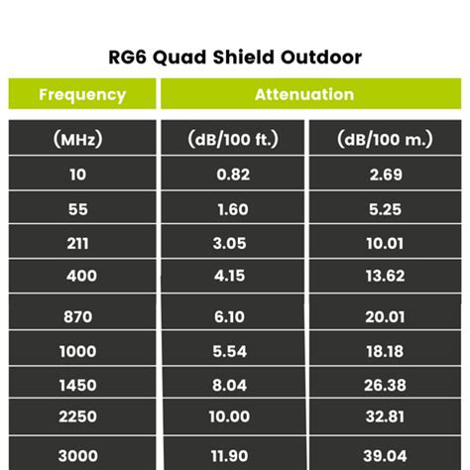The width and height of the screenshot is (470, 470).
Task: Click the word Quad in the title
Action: click(x=179, y=58)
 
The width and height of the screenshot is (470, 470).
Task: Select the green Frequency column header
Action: click(x=82, y=94)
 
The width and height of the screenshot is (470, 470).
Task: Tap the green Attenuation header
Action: click(x=311, y=94)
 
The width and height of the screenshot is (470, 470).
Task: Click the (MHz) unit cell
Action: click(x=82, y=138)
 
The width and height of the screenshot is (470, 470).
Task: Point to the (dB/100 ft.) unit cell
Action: click(x=233, y=138)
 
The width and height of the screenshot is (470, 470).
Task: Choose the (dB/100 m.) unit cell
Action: click(x=385, y=138)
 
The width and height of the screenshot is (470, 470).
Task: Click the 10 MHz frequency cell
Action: click(x=82, y=174)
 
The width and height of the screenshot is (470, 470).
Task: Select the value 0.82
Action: click(x=233, y=175)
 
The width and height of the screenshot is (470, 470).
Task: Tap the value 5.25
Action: click(x=385, y=209)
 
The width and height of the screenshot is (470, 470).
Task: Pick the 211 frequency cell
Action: click(x=82, y=242)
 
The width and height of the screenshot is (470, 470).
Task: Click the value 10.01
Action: click(x=385, y=244)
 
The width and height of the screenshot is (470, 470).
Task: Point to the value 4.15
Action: click(x=229, y=276)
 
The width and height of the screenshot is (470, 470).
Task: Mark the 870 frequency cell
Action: click(x=82, y=311)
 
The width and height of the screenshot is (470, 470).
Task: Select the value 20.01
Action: click(x=385, y=317)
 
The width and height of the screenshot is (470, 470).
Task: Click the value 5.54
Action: click(x=230, y=351)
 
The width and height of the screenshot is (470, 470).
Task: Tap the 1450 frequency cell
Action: click(x=82, y=382)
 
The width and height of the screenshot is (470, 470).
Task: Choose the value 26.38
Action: click(x=385, y=385)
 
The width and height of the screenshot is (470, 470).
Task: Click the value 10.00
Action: click(x=229, y=416)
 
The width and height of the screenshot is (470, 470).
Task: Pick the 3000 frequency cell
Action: click(x=82, y=453)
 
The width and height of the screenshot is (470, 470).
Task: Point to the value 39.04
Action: click(x=385, y=456)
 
